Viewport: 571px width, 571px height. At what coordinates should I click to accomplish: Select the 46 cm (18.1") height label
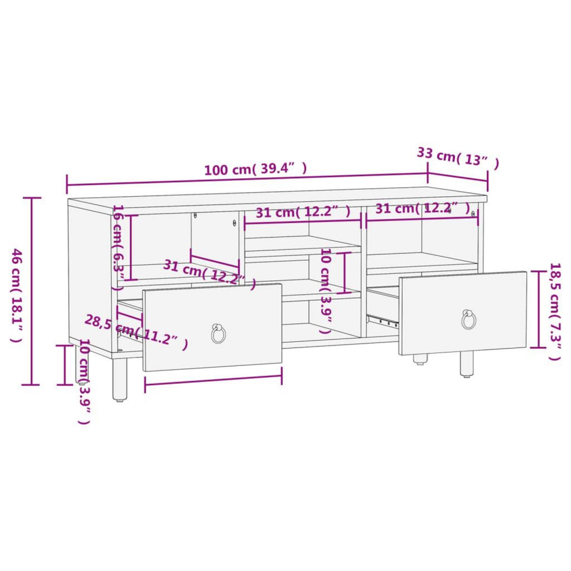17,295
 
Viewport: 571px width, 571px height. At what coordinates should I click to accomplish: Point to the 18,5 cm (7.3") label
555,312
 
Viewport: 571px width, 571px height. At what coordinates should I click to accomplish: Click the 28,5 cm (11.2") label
135,331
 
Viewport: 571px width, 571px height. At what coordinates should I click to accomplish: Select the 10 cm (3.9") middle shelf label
325,290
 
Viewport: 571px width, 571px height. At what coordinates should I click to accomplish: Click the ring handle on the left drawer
218,333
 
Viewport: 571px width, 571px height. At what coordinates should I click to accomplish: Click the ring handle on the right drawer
469,320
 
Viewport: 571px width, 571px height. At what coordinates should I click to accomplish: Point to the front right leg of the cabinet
466,364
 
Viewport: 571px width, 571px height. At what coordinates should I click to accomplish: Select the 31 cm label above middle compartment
303,212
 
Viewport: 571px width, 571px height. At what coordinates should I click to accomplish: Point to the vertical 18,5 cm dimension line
538,309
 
